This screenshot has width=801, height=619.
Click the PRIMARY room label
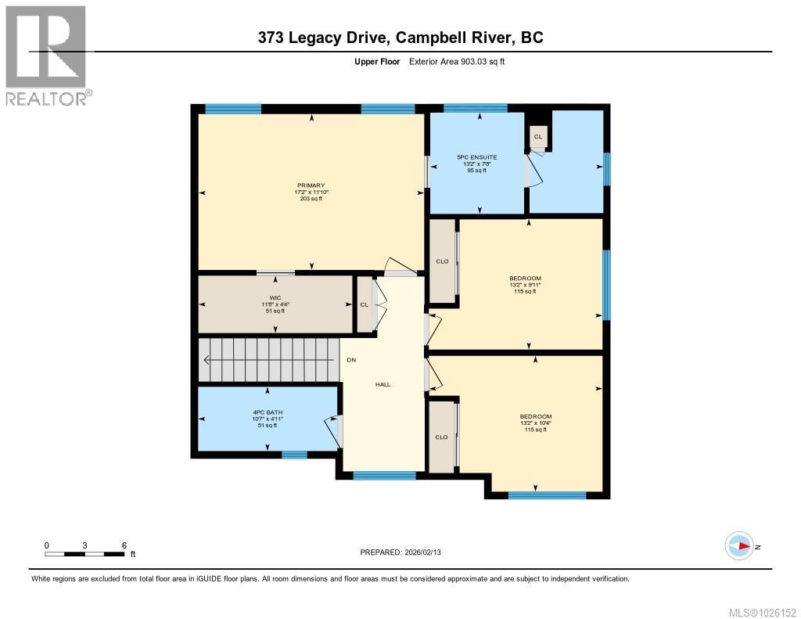pyautogui.click(x=311, y=185)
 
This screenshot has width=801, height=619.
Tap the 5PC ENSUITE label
pyautogui.click(x=477, y=157)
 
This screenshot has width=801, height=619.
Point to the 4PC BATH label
pyautogui.click(x=268, y=412)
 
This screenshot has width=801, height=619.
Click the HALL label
pyautogui.click(x=383, y=384)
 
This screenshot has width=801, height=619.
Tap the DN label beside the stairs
pyautogui.click(x=352, y=360)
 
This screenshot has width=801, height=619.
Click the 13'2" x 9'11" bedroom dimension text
pyautogui.click(x=525, y=285)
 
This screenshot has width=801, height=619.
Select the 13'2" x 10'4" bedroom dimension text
pyautogui.click(x=536, y=423)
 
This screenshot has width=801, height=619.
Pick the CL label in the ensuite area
pyautogui.click(x=538, y=137)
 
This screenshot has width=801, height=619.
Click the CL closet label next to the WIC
pyautogui.click(x=364, y=304)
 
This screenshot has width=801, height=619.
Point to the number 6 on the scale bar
pyautogui.click(x=124, y=545)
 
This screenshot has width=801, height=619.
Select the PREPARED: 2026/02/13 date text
pyautogui.click(x=405, y=552)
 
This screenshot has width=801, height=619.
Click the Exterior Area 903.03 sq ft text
pyautogui.click(x=457, y=62)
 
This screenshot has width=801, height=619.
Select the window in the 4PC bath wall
pyautogui.click(x=294, y=454)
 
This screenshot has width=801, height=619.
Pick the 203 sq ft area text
pyautogui.click(x=311, y=199)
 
